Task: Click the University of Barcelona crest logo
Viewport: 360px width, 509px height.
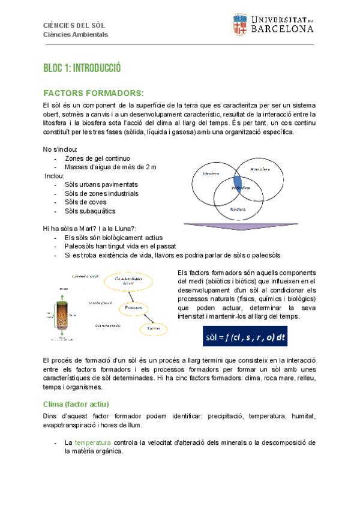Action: click(239, 25)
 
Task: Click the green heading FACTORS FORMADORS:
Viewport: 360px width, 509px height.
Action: click(94, 94)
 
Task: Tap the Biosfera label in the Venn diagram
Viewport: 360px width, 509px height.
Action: click(240, 209)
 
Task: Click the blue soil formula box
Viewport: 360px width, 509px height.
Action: click(245, 337)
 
